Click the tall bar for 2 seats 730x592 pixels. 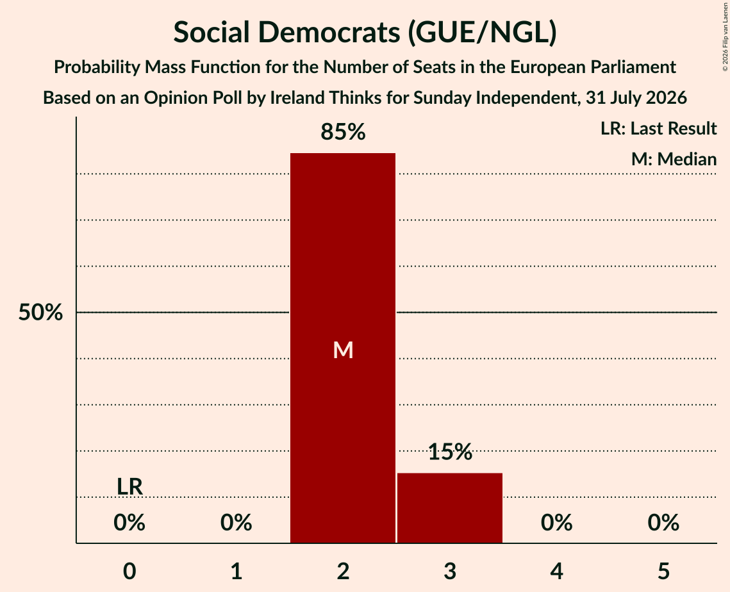pyautogui.click(x=343, y=348)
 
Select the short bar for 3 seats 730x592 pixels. pyautogui.click(x=450, y=508)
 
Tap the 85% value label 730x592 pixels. pyautogui.click(x=343, y=132)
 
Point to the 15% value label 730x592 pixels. pyautogui.click(x=450, y=452)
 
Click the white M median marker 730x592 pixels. pyautogui.click(x=343, y=350)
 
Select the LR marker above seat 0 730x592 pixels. pyautogui.click(x=129, y=487)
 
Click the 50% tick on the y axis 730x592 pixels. pyautogui.click(x=40, y=312)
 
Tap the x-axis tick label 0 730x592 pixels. pyautogui.click(x=129, y=571)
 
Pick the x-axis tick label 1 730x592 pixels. pyautogui.click(x=236, y=571)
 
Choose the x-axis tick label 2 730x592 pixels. pyautogui.click(x=343, y=571)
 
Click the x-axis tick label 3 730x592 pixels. pyautogui.click(x=450, y=571)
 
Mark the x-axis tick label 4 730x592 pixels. pyautogui.click(x=557, y=571)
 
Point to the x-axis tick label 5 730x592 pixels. pyautogui.click(x=663, y=571)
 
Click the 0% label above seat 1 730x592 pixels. pyautogui.click(x=236, y=523)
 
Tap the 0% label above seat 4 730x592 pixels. pyautogui.click(x=557, y=523)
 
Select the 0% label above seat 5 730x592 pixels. pyautogui.click(x=663, y=523)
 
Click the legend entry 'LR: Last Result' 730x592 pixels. pyautogui.click(x=658, y=128)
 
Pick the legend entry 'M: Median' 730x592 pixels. pyautogui.click(x=674, y=160)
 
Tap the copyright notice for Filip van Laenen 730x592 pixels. pyautogui.click(x=725, y=37)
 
